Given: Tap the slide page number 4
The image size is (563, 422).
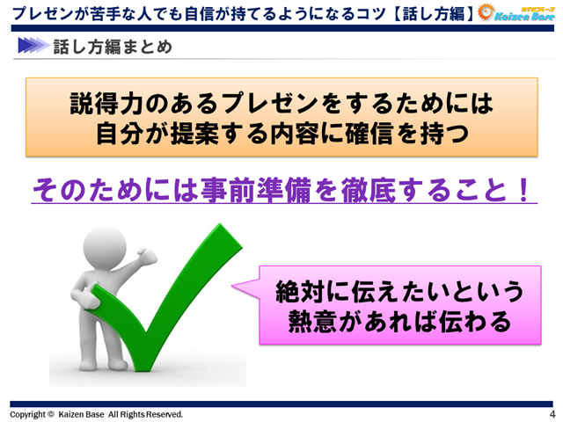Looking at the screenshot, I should (x=552, y=414).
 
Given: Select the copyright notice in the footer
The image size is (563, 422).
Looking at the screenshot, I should (x=96, y=414).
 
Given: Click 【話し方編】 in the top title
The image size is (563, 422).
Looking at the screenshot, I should (x=445, y=13).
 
